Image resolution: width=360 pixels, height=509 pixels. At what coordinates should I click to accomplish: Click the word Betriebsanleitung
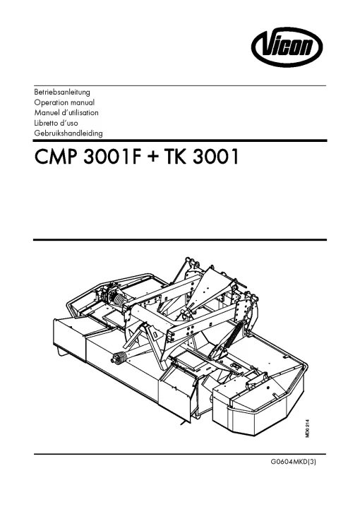click(x=62, y=92)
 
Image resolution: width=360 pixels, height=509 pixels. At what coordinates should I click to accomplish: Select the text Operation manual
click(x=64, y=102)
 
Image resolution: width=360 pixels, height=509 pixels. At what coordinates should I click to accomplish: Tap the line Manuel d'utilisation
click(x=66, y=113)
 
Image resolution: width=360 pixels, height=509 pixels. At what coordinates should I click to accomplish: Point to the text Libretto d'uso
click(x=56, y=123)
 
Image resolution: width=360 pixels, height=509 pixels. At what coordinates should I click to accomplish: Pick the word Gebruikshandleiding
click(x=68, y=133)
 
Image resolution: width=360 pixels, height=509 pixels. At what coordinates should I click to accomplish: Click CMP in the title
click(x=56, y=157)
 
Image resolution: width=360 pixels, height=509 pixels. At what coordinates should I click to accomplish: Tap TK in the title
click(x=176, y=157)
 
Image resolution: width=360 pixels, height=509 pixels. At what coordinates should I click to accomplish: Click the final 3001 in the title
click(x=216, y=157)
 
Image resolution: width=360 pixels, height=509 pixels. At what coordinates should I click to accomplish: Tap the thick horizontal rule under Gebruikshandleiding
click(x=180, y=140)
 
